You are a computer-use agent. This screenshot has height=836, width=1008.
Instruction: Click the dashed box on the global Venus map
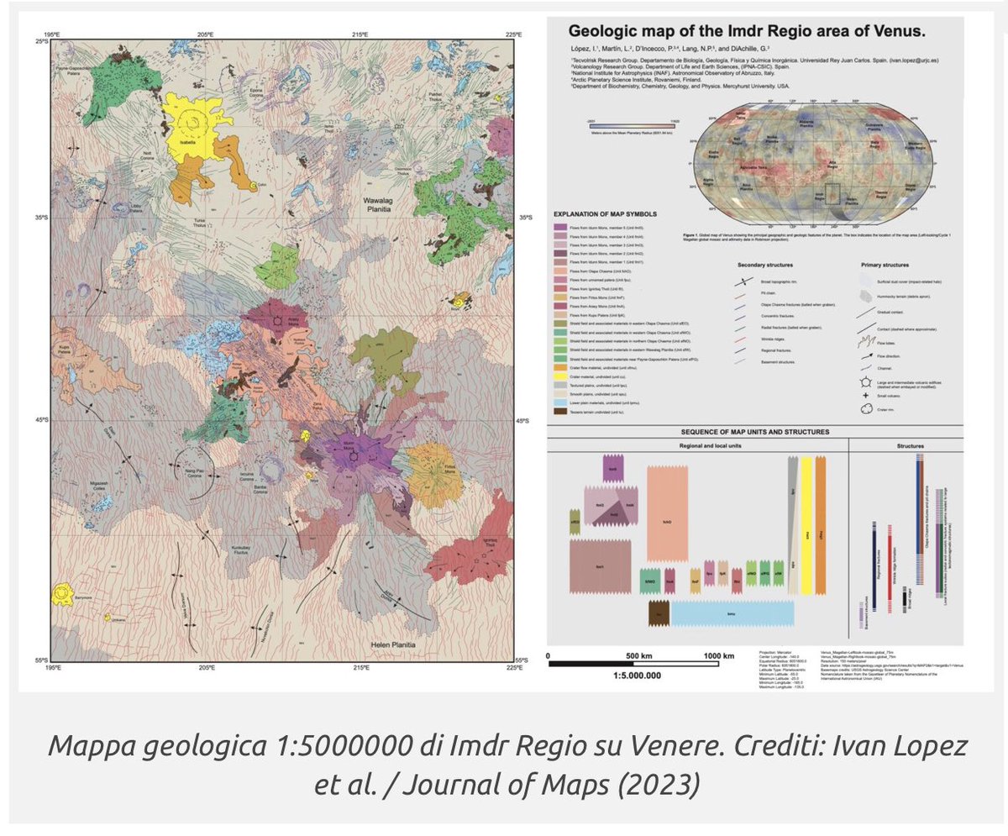click(832, 192)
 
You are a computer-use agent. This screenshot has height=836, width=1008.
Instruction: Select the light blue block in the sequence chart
click(732, 614)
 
